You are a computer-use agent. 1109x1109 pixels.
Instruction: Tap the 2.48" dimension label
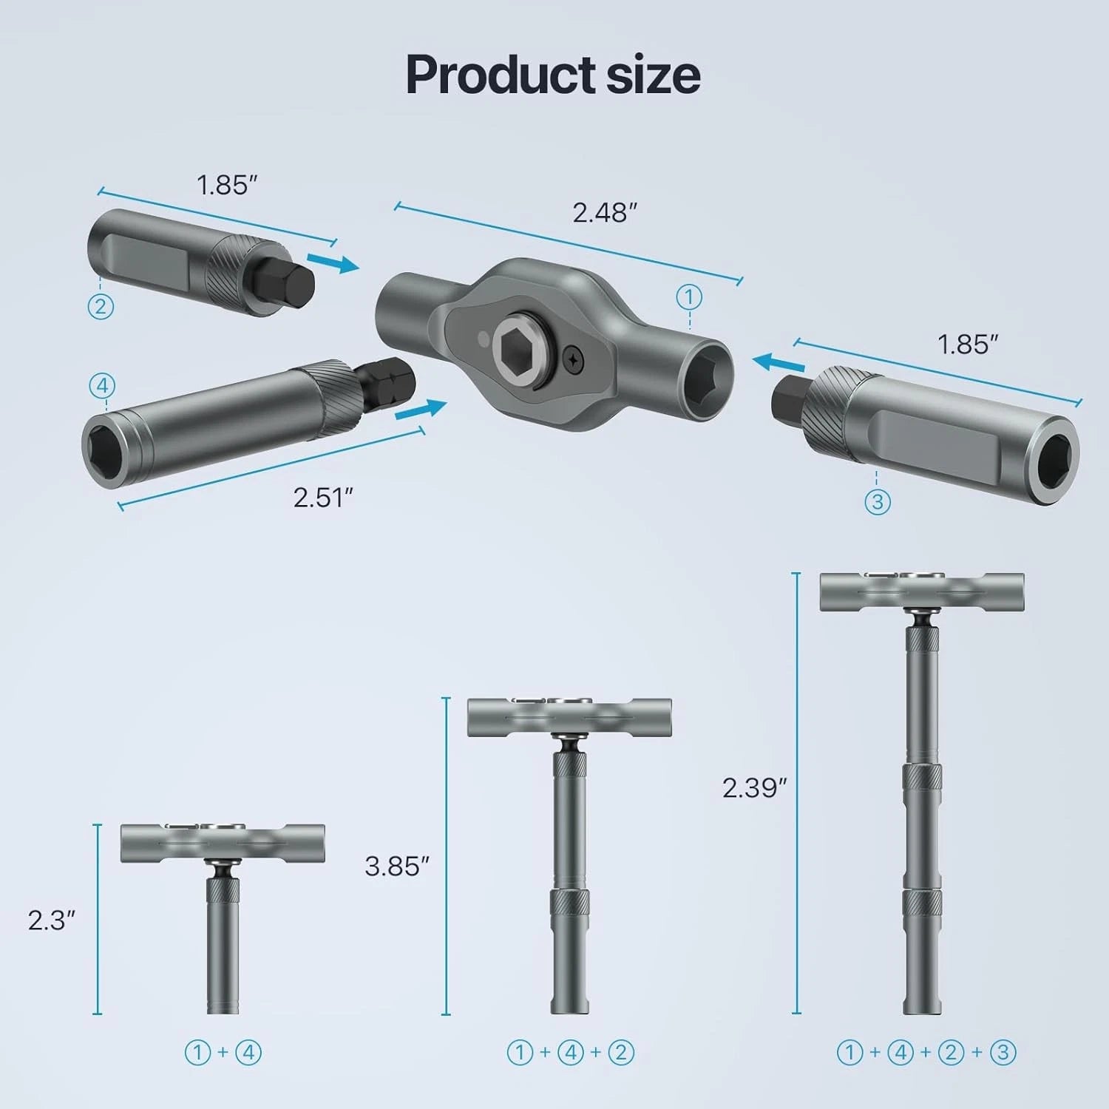coord(604,213)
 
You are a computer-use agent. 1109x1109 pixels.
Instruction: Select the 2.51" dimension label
coord(323,498)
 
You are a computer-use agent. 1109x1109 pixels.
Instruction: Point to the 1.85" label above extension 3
coord(968,345)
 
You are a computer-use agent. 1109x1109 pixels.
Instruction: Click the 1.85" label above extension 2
coord(226,185)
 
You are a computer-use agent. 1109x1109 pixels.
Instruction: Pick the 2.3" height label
coord(52,920)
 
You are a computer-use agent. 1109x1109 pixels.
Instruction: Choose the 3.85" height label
coord(397,866)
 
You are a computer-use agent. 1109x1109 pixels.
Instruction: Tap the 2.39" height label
coord(754,788)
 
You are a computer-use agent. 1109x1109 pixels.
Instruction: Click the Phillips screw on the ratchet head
coord(575,359)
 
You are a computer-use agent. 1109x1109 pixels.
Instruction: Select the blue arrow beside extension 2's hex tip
coord(332,262)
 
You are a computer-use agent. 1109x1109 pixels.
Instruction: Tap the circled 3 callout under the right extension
coord(877,502)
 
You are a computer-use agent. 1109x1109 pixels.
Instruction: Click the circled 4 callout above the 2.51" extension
coord(102,386)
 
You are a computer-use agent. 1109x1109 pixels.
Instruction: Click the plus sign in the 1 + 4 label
coord(223,1052)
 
